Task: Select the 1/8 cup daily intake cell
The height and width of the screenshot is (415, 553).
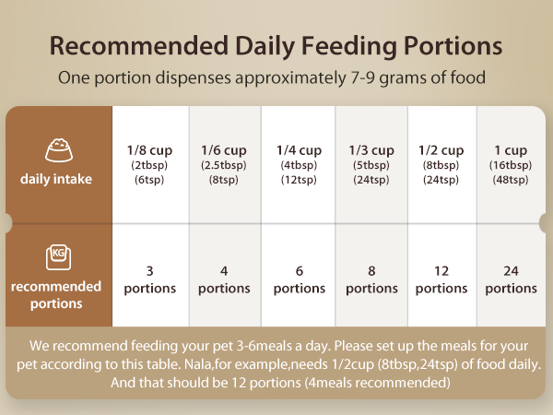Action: [149, 164]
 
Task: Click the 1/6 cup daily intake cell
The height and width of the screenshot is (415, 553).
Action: [224, 164]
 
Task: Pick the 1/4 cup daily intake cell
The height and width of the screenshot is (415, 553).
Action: [299, 164]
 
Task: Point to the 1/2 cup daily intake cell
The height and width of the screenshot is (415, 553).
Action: [441, 164]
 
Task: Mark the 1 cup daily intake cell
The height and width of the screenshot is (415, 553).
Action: [511, 164]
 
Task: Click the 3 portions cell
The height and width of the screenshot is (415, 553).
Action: [149, 279]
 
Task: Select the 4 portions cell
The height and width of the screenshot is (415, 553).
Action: [224, 279]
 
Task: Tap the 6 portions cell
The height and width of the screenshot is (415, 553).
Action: [299, 279]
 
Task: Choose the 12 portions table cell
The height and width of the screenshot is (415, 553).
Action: [441, 279]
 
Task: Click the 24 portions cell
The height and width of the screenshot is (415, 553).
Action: [511, 279]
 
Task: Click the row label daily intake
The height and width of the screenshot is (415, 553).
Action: [56, 179]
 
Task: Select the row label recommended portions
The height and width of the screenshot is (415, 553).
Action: [56, 294]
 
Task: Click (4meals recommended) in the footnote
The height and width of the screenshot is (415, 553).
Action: [376, 382]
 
